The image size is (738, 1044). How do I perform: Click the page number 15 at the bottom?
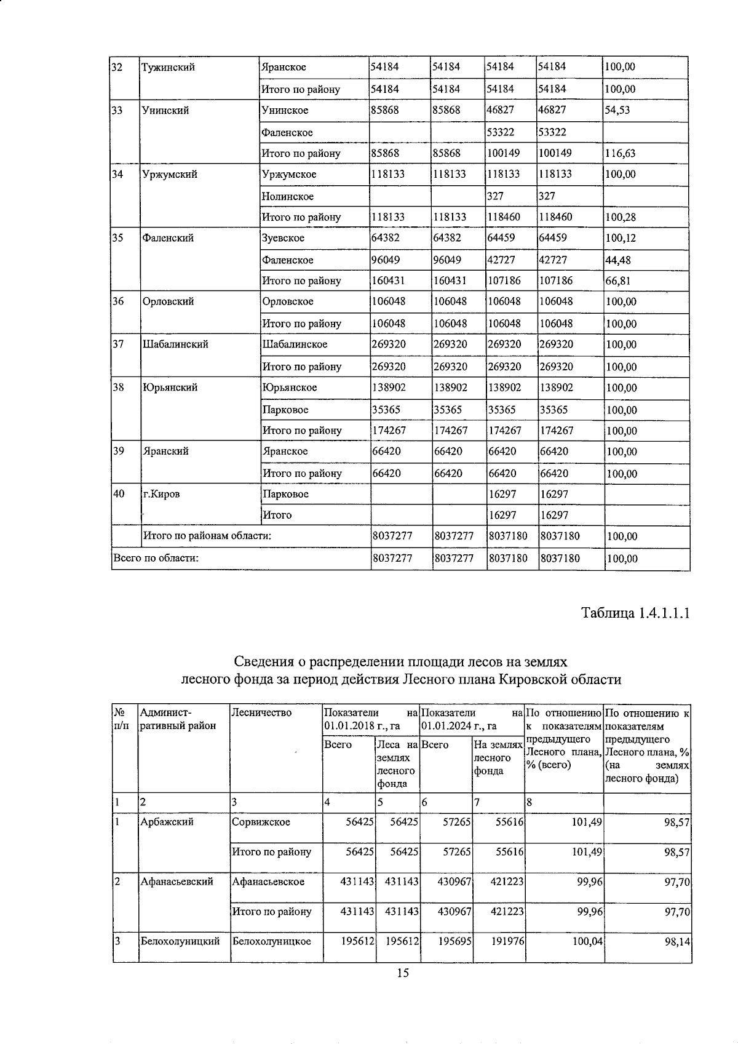coord(403,973)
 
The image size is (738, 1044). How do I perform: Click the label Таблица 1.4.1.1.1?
coord(636,613)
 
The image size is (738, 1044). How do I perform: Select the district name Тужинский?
coord(168,67)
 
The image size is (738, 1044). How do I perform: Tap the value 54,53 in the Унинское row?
coord(619,110)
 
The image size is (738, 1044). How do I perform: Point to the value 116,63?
coord(621,153)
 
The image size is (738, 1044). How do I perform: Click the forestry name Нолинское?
coord(287,196)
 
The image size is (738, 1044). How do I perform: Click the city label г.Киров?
coord(161,493)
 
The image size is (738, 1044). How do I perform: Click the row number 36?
coord(119,301)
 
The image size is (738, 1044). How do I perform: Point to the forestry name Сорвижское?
coord(261,822)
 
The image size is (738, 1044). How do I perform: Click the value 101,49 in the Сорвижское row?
coord(585,822)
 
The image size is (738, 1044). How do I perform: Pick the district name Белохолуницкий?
coord(180,941)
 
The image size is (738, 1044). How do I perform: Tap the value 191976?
coord(507,941)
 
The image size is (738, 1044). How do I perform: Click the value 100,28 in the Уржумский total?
coord(621,217)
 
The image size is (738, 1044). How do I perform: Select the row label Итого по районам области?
coord(207,535)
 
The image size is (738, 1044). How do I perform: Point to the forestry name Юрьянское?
coord(289,387)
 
